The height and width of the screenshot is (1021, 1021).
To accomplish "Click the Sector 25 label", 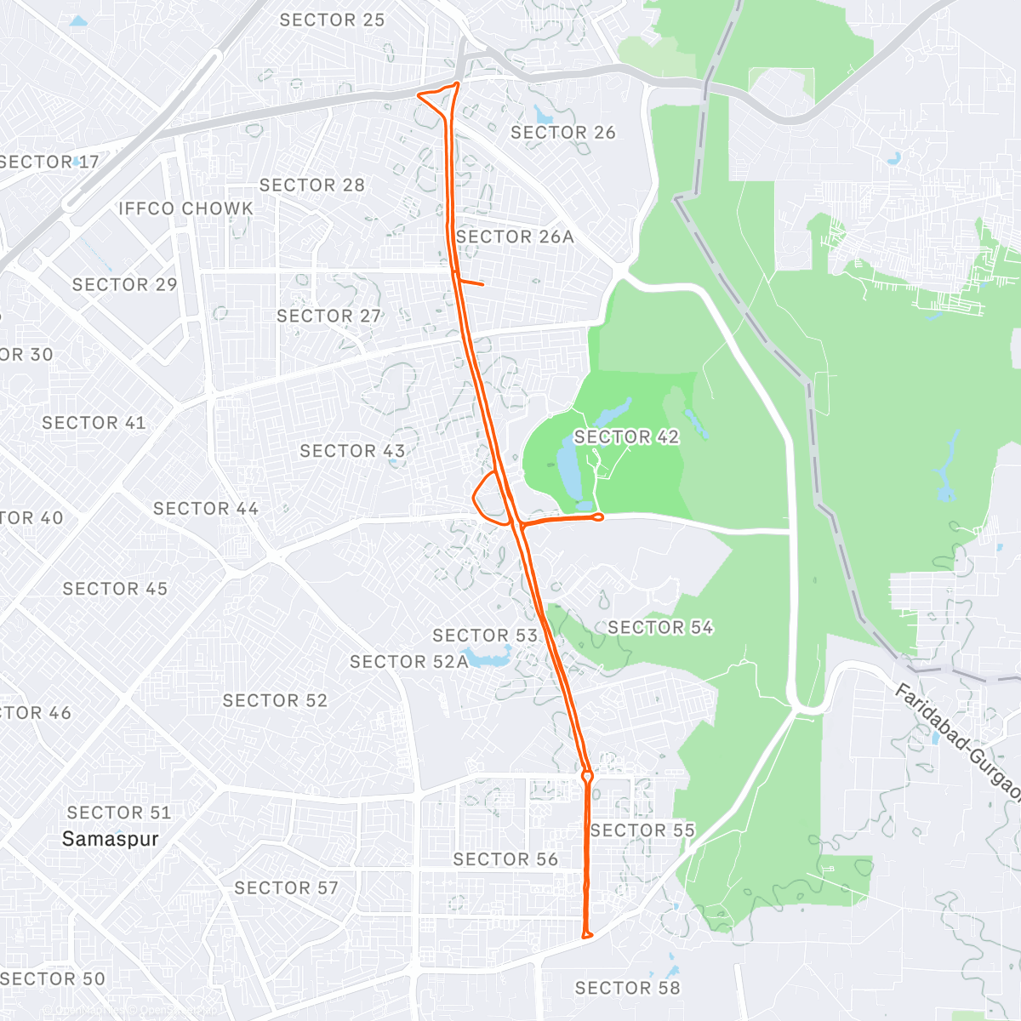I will click(x=332, y=20).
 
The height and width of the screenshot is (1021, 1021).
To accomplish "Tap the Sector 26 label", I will click(x=562, y=133).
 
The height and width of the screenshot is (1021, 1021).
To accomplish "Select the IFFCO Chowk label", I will click(x=185, y=208).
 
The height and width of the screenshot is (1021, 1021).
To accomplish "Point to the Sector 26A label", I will click(x=515, y=237).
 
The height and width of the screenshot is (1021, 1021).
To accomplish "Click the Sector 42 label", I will click(x=626, y=437).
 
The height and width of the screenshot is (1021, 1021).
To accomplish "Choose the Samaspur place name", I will click(x=111, y=840).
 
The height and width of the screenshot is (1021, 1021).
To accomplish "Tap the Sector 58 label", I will click(x=627, y=988).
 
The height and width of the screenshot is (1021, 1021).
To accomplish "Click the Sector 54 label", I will click(x=660, y=628).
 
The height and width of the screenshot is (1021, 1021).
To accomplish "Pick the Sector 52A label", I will click(x=408, y=662).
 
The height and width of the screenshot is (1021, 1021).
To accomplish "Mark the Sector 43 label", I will click(x=352, y=451).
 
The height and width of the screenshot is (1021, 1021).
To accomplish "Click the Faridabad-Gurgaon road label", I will click(x=957, y=740).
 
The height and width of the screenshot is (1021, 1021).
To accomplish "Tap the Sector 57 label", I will click(x=286, y=888).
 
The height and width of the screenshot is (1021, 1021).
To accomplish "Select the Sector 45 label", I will click(x=115, y=589).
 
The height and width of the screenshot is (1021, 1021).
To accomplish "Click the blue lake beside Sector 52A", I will click(x=489, y=658).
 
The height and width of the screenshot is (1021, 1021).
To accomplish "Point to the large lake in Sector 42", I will click(x=568, y=468).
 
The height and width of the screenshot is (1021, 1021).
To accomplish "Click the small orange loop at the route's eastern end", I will click(x=597, y=516).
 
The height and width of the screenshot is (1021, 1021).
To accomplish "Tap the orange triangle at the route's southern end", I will click(x=586, y=935).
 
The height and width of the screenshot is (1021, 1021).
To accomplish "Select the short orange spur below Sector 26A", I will click(x=471, y=282).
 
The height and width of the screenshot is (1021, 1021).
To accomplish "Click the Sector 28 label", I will click(x=311, y=185).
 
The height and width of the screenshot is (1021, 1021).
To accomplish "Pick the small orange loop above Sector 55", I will click(x=587, y=776).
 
